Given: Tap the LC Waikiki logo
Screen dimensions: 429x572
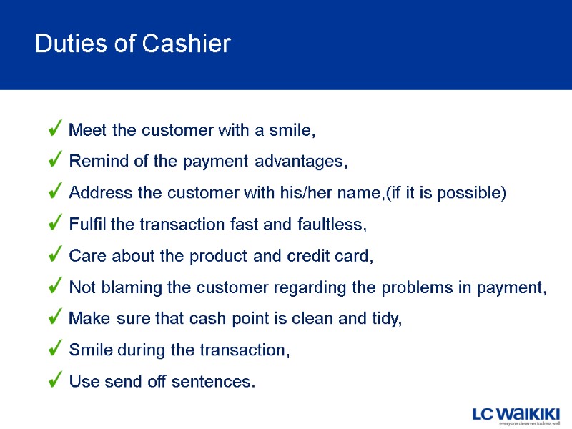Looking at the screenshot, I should point(516,415).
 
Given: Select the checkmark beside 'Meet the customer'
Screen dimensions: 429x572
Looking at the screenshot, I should point(56,129).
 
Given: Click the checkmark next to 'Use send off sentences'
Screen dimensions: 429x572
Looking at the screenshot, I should point(56,381).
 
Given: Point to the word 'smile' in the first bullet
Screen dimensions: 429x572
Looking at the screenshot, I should point(291,131).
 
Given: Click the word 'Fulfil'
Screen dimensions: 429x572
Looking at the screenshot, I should point(88,225).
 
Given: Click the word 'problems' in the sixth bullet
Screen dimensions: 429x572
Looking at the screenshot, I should point(413,287).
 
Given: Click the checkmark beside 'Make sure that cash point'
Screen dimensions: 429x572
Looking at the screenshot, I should point(56,318).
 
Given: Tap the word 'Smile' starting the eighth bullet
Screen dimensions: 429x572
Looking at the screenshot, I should point(89,350).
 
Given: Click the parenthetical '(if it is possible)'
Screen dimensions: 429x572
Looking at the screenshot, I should point(445,193).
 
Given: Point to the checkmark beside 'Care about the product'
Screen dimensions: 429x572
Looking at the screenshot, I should point(56,255).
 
